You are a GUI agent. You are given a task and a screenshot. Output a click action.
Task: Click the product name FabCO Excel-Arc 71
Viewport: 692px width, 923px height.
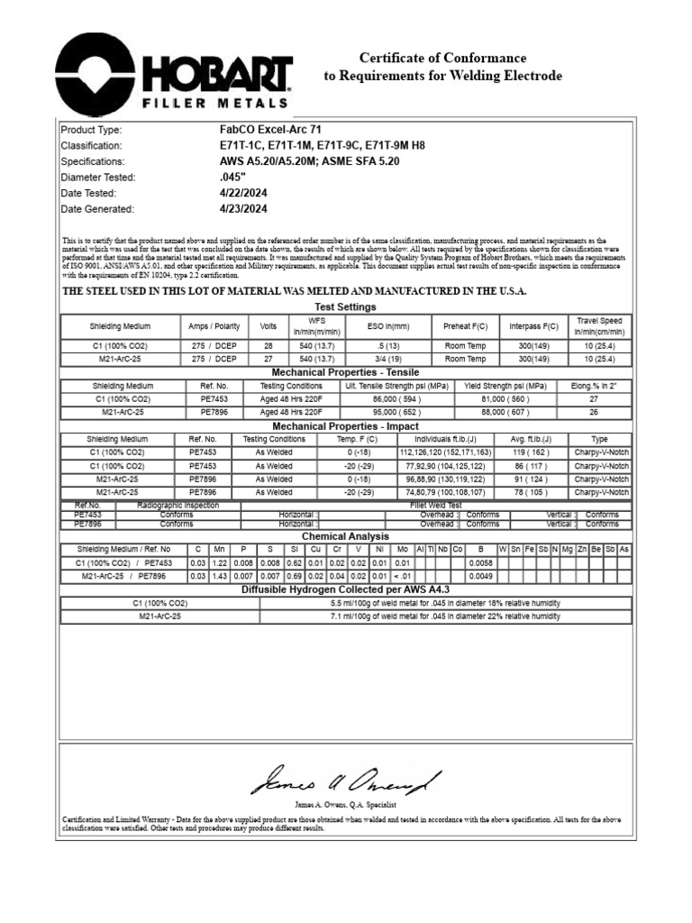(x=270, y=130)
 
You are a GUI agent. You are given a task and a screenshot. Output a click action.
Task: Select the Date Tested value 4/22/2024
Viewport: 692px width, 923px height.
(x=243, y=193)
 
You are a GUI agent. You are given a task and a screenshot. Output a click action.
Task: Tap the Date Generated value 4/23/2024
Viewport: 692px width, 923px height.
(x=243, y=209)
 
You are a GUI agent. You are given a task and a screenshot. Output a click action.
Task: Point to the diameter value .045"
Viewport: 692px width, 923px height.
(x=232, y=178)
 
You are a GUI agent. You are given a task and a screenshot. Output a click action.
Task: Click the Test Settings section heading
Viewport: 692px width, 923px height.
(x=346, y=307)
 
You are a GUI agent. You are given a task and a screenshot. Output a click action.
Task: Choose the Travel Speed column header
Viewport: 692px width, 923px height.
(x=599, y=325)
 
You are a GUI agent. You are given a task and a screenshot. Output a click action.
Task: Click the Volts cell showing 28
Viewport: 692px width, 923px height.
(x=268, y=346)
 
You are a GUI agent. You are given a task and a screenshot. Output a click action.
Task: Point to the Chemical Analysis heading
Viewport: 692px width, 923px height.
(x=346, y=536)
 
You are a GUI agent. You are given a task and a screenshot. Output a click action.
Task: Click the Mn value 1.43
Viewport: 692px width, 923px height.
(x=217, y=575)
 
